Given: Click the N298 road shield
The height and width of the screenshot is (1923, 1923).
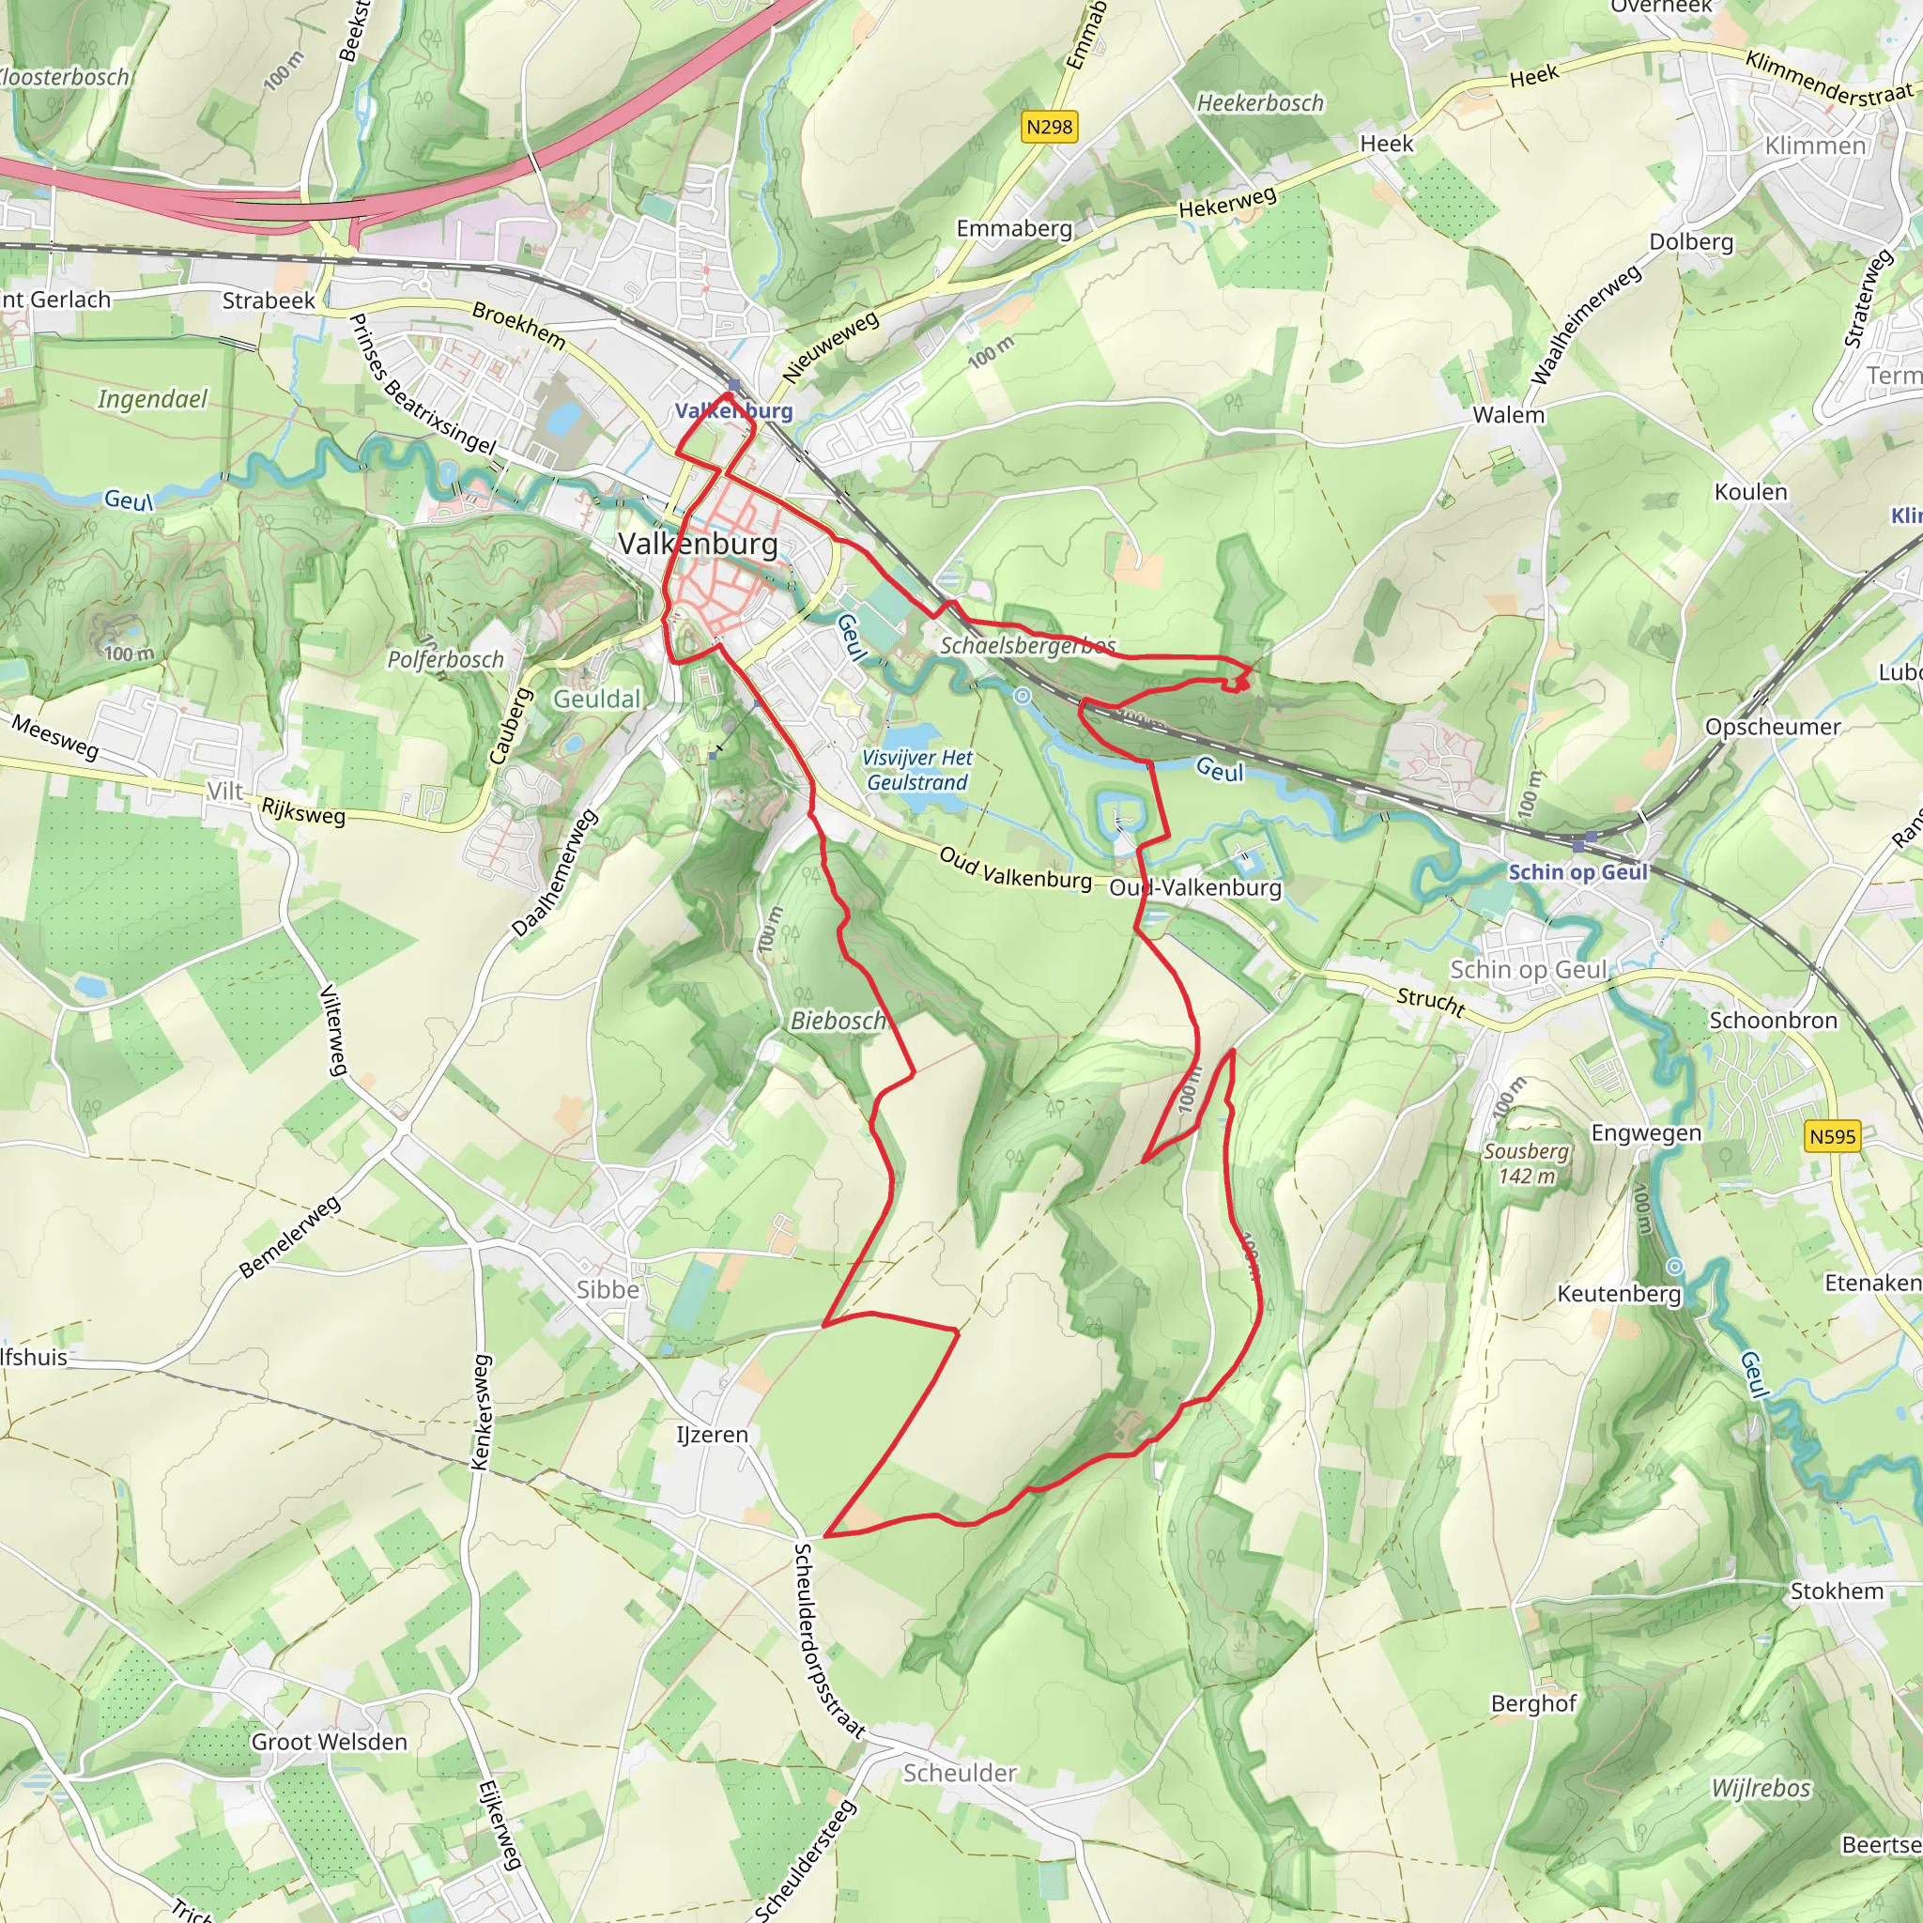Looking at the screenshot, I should [1049, 128].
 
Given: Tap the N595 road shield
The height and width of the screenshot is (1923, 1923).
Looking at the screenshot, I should [1833, 1137].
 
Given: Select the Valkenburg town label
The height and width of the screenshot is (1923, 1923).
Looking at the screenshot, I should [698, 544].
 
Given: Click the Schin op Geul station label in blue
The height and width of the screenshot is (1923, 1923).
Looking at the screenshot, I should [1578, 872].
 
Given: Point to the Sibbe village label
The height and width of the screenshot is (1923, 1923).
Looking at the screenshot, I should [608, 1290].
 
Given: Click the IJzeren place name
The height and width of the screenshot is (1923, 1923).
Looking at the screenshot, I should [712, 1435].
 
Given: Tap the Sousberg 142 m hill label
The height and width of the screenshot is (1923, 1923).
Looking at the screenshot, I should [1526, 1163].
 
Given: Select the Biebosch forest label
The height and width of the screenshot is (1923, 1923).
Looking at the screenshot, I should [837, 1021].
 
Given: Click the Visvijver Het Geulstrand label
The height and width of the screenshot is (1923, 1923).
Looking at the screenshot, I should [916, 770].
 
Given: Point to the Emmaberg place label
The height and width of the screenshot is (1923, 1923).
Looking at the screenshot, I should [1014, 229].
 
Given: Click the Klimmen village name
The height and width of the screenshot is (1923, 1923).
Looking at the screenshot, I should [1814, 146].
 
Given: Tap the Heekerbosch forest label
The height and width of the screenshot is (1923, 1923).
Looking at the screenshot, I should [1260, 103].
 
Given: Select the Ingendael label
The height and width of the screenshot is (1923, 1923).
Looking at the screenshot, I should [152, 399].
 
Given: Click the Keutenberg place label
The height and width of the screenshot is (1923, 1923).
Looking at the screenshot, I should [1619, 1294].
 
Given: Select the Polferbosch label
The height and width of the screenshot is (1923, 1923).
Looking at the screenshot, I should [445, 660].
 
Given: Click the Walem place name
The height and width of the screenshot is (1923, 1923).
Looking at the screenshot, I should [1508, 415].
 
